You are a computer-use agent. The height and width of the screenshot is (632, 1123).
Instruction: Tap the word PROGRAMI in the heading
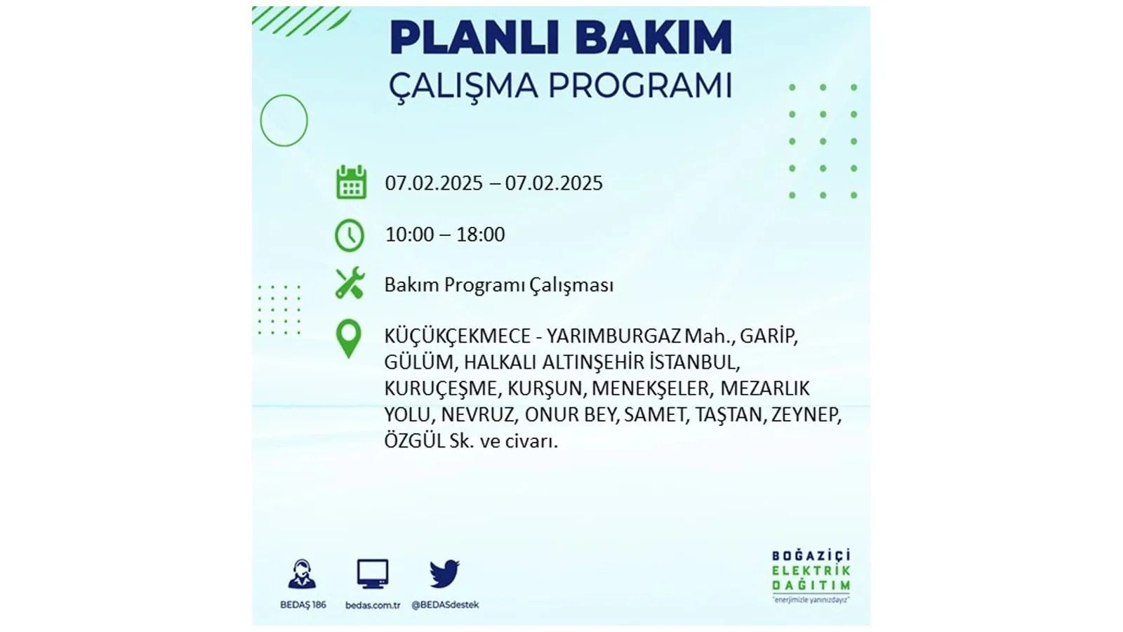click(x=640, y=85)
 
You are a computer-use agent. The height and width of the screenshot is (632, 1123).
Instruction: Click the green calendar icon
click(x=351, y=182)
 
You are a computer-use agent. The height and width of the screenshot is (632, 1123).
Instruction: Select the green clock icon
click(x=350, y=235)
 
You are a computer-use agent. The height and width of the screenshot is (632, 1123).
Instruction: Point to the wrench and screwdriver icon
click(x=350, y=283)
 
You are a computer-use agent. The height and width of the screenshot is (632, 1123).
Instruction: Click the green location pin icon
click(x=348, y=338)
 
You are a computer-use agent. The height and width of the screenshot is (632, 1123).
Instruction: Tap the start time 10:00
click(x=409, y=235)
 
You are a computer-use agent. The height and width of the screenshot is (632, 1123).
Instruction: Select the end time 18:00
click(x=480, y=235)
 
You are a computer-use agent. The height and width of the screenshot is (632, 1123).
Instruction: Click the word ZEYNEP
click(x=806, y=415)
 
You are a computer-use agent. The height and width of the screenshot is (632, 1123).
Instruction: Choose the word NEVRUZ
click(x=478, y=415)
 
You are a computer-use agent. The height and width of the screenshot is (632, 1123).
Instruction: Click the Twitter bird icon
click(x=444, y=573)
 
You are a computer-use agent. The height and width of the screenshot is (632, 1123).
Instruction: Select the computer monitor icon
click(x=373, y=573)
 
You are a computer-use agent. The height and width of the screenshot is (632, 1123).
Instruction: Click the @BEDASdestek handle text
click(x=445, y=605)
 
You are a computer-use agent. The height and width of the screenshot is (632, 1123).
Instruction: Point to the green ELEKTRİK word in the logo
click(x=811, y=571)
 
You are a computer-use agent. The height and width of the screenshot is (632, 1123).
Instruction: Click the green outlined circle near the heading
click(x=260, y=120)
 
